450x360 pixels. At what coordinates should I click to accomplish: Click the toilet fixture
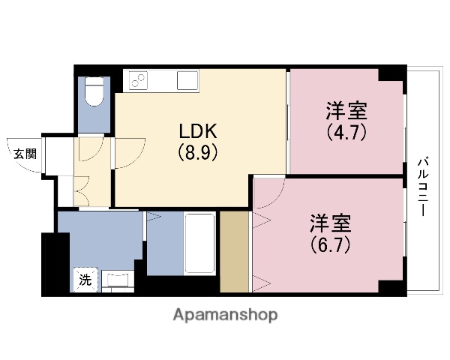94,93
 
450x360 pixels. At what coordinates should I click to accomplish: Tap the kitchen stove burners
139,78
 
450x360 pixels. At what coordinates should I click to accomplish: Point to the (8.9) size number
197,152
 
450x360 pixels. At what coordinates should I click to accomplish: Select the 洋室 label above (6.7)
331,224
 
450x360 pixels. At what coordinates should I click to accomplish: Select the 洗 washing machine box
85,280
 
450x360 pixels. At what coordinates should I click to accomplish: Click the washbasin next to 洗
117,280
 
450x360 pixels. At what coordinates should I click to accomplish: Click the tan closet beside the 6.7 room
235,252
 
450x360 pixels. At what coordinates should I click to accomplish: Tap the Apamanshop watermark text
225,314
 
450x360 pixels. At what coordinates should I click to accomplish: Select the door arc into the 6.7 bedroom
269,190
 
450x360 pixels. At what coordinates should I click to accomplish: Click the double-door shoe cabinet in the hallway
82,190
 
